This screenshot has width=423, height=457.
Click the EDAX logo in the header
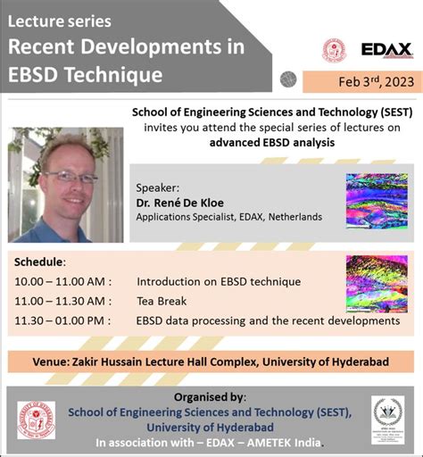pos(386,50)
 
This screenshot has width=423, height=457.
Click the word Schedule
pos(39,262)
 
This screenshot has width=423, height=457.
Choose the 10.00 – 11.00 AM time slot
pos(62,281)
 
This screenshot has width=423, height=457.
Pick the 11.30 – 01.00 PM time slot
pos(62,320)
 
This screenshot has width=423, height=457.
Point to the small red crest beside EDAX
pos(335,50)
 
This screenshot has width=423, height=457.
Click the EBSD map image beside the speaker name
pos(376,204)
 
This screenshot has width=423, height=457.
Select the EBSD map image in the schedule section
pos(376,284)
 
